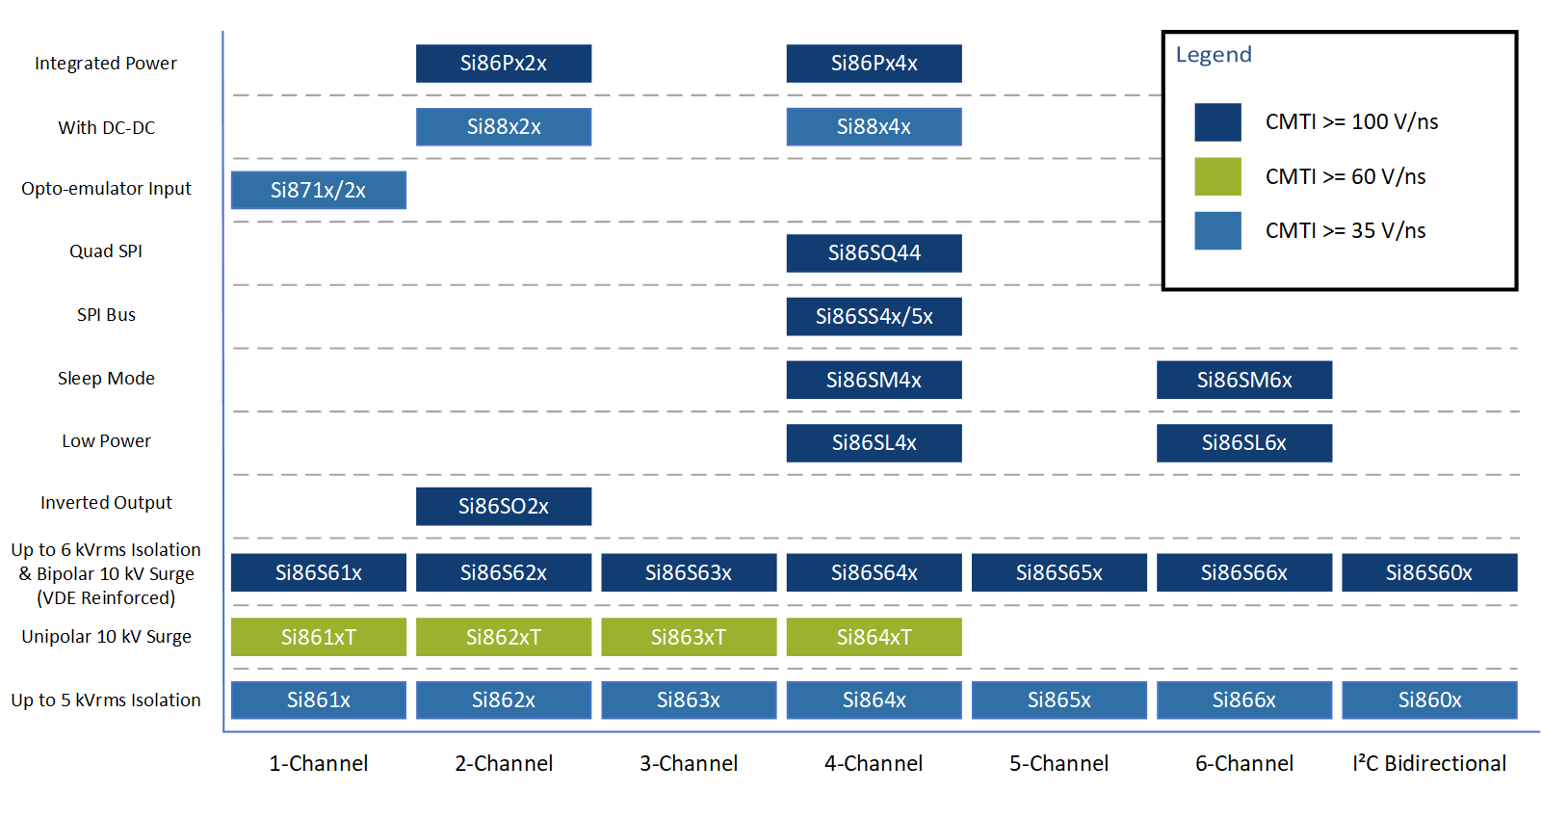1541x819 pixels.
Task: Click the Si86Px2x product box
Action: tap(504, 64)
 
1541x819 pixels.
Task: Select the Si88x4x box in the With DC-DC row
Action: tap(874, 126)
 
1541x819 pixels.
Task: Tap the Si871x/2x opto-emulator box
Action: tap(319, 190)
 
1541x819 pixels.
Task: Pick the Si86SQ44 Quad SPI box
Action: tap(874, 253)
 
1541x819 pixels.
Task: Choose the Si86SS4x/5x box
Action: tap(874, 317)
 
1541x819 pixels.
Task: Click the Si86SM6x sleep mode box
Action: tap(1244, 380)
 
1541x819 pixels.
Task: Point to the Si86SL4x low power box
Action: tap(874, 442)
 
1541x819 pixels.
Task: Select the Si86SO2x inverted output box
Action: tap(504, 507)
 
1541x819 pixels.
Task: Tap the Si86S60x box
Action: tap(1429, 572)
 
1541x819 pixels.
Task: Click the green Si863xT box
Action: tap(689, 637)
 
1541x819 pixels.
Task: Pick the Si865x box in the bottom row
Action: tap(1059, 700)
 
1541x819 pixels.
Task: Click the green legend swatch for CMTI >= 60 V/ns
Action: tap(1217, 177)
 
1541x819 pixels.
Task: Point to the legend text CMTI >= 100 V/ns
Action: tap(1352, 121)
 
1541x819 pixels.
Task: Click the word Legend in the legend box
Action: tap(1214, 54)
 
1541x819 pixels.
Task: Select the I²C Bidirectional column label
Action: tap(1429, 763)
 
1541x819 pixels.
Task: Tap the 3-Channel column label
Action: tap(689, 763)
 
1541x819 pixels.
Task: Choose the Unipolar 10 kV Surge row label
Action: tap(106, 637)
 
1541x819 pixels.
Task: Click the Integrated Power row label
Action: tap(106, 64)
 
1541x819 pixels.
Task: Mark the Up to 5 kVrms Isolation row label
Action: tap(106, 700)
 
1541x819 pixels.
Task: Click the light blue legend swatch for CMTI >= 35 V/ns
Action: tap(1217, 230)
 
